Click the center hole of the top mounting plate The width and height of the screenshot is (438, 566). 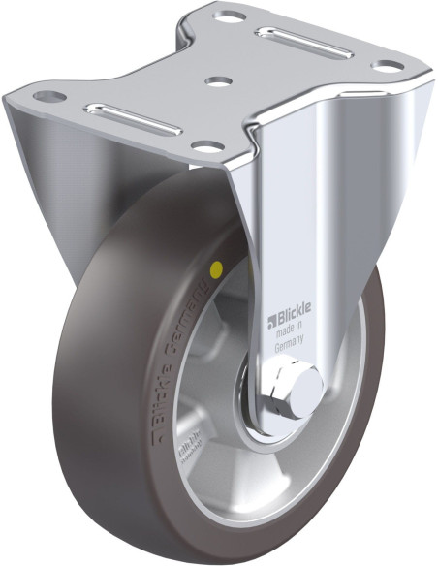click(x=218, y=80)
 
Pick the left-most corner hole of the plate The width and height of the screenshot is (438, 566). click(x=46, y=98)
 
